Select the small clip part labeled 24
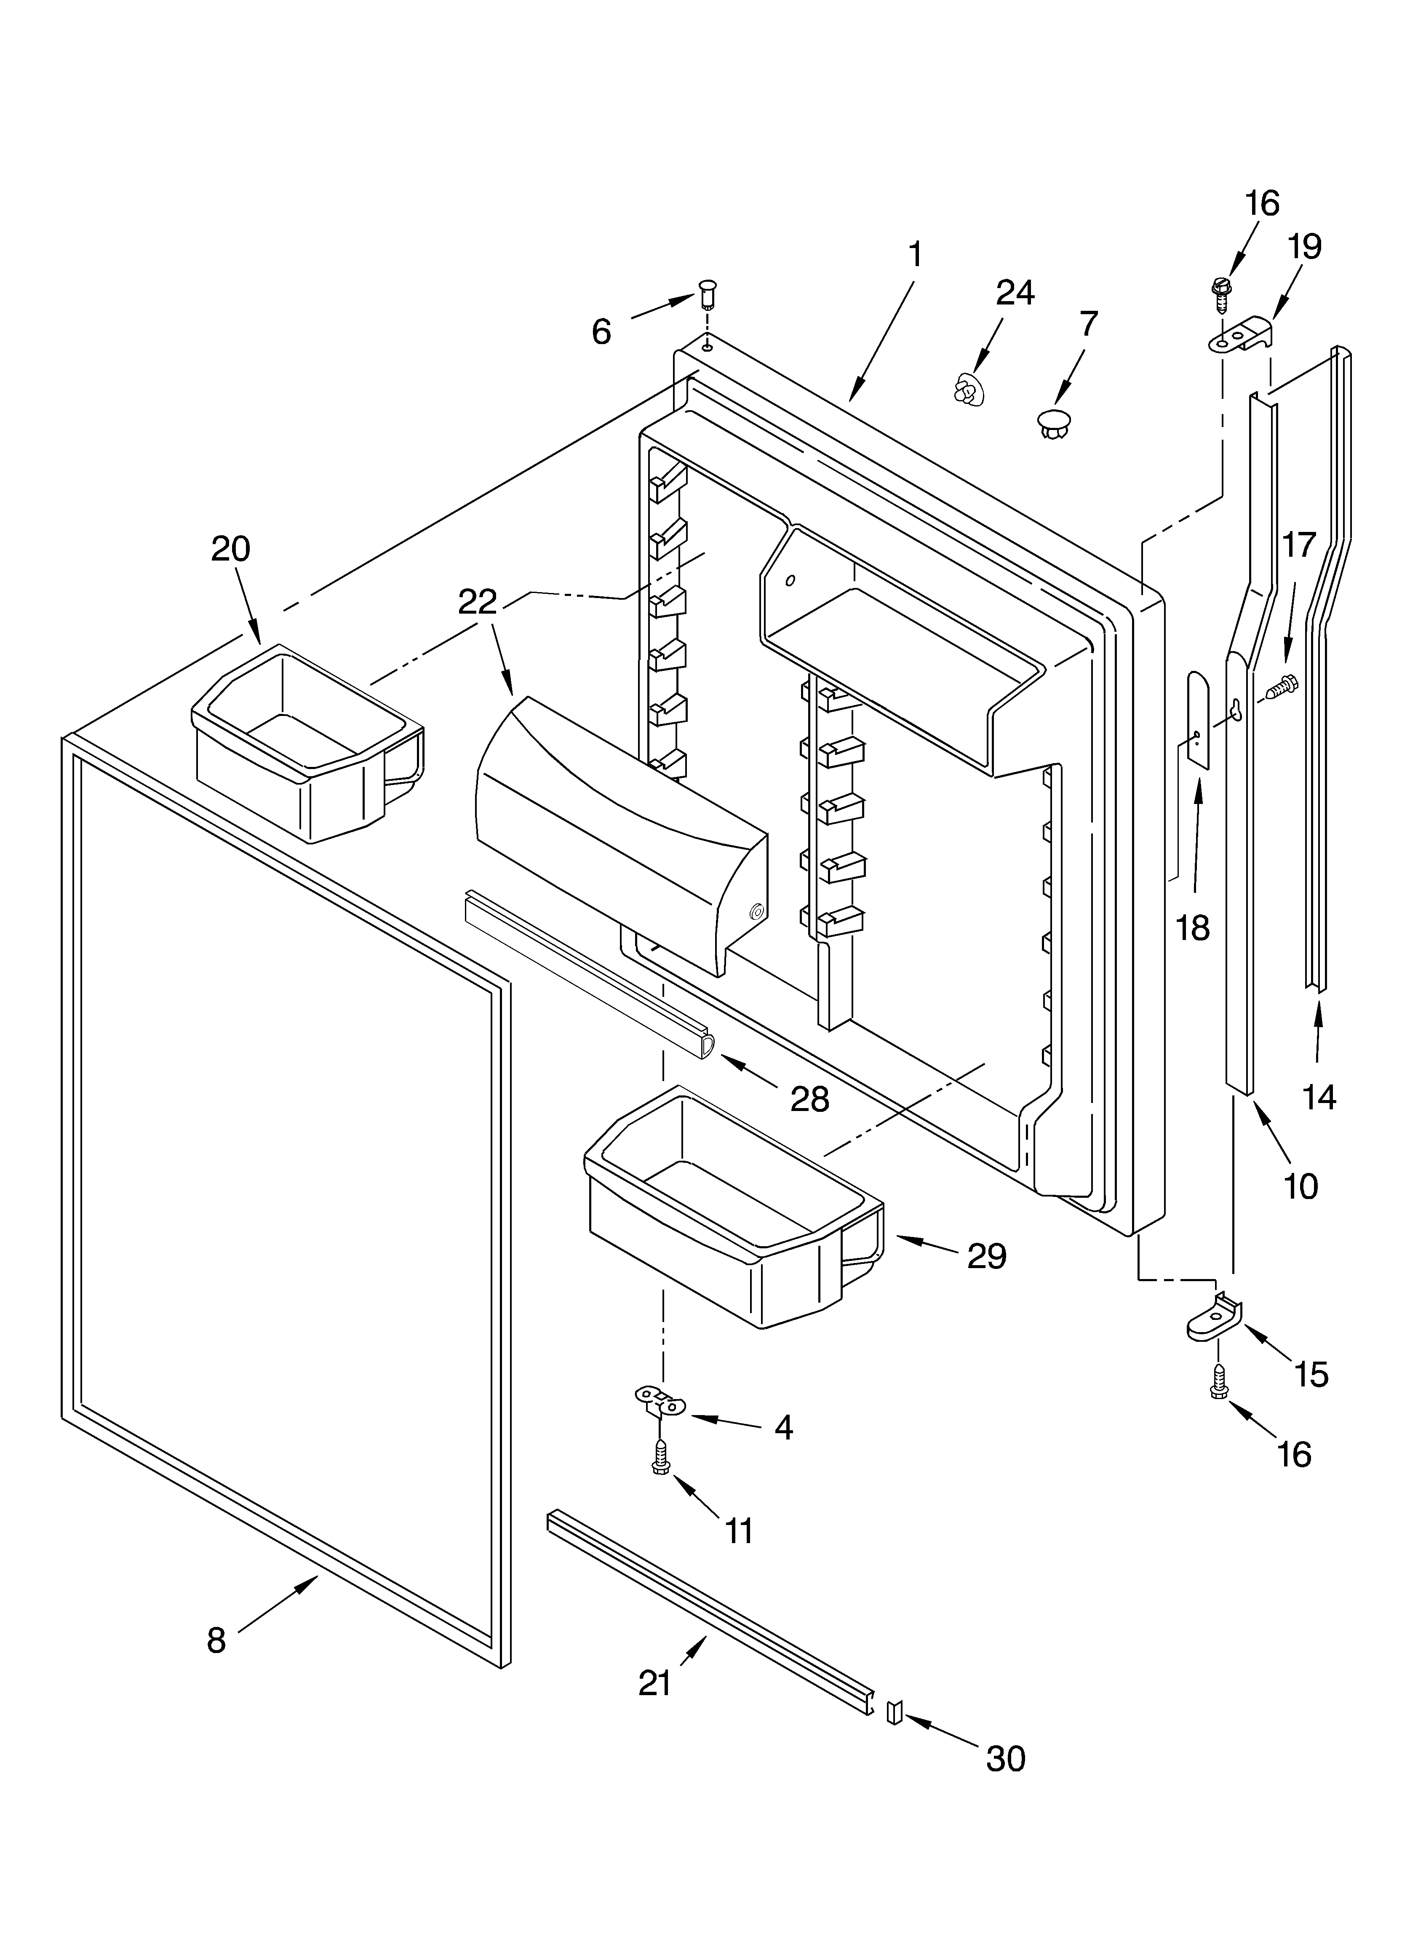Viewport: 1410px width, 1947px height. (x=968, y=390)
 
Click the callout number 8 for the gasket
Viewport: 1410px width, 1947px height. (x=216, y=1640)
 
